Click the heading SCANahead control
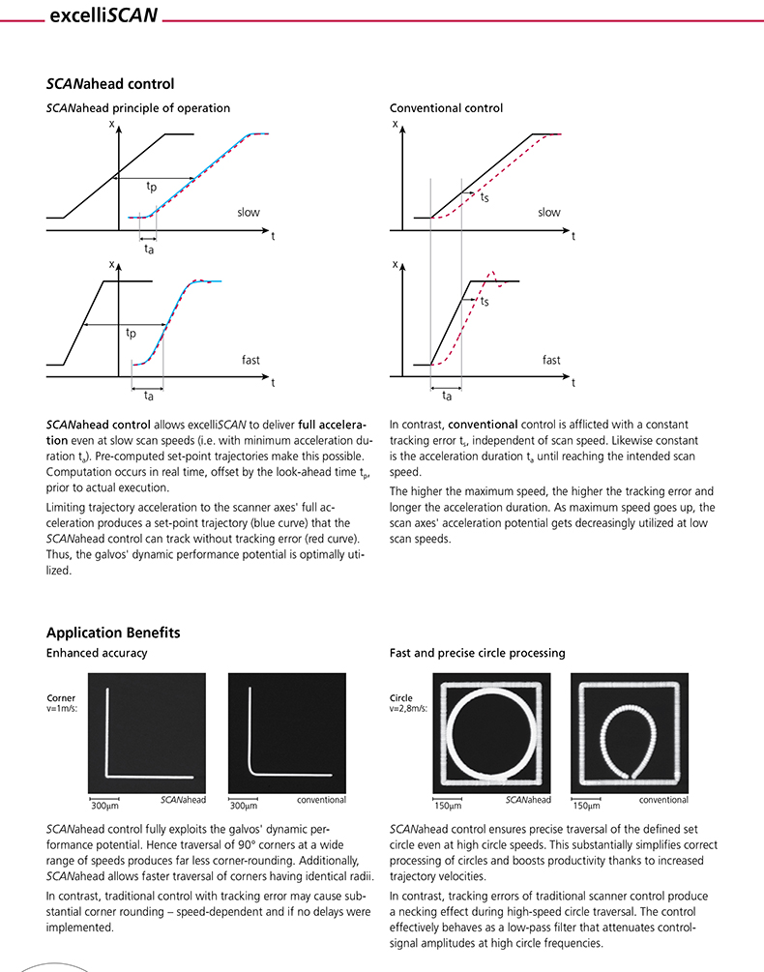click(x=110, y=85)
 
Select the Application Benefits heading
click(x=112, y=633)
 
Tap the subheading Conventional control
click(x=446, y=108)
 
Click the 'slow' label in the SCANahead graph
click(x=249, y=212)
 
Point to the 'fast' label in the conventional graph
click(x=550, y=360)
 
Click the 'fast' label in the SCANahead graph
click(x=250, y=360)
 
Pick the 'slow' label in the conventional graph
click(x=548, y=212)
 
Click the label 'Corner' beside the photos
click(x=60, y=696)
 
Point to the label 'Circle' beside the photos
click(x=401, y=696)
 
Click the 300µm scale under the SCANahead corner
click(x=104, y=804)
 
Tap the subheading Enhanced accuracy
click(x=97, y=654)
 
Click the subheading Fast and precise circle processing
click(x=477, y=654)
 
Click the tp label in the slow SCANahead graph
click(x=152, y=186)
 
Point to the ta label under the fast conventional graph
click(x=446, y=395)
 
